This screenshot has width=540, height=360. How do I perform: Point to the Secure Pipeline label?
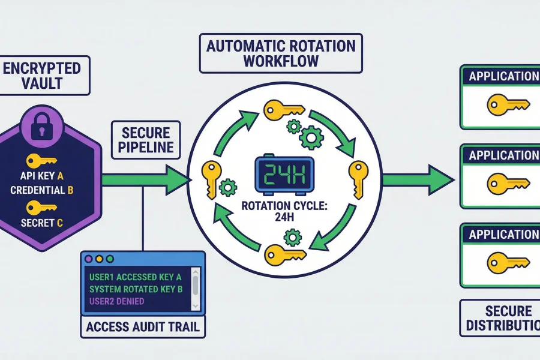point(146,140)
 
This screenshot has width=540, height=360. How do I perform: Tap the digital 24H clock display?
point(284,175)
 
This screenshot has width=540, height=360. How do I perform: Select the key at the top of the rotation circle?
point(283,110)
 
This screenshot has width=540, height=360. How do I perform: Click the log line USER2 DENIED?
point(116,301)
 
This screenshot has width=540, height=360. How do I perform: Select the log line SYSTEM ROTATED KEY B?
point(135,289)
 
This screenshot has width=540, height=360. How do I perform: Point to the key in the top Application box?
point(508,104)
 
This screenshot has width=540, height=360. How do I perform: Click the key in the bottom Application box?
point(508,261)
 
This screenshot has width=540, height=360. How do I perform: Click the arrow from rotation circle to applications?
point(417,178)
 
